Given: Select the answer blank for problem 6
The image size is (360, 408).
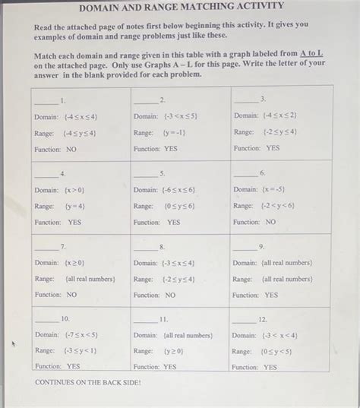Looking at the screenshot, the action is [245, 173].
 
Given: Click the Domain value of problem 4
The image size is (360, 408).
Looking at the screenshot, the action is [74, 190].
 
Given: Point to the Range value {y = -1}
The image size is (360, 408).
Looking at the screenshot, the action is [175, 132].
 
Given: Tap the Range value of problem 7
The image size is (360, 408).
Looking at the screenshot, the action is [90, 279].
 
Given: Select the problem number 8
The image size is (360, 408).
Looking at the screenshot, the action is [162, 248].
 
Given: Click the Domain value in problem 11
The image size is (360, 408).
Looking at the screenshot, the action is [188, 335].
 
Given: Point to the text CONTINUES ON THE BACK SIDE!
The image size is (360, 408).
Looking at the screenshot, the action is [87, 382].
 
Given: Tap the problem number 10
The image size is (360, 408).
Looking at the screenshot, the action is [65, 318].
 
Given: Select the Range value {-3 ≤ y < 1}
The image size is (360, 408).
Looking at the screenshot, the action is [81, 351].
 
